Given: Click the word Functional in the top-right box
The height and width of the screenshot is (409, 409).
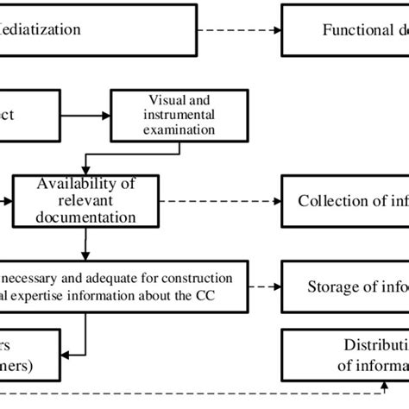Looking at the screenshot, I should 354,29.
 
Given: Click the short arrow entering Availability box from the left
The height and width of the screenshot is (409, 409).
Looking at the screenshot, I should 6,200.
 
